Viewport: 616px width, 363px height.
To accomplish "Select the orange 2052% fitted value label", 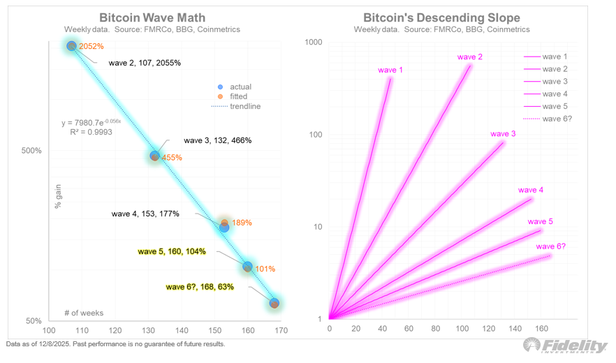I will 91,47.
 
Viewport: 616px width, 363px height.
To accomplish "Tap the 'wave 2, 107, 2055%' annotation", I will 145,63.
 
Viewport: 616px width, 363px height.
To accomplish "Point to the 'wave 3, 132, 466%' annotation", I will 217,140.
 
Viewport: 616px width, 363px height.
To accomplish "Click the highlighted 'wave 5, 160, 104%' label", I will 172,251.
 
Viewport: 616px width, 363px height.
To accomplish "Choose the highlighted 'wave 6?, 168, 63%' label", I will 200,286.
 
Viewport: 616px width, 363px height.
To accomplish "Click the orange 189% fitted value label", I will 242,223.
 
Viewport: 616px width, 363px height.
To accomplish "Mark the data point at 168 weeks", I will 274,303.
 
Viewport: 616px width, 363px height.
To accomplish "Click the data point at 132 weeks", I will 155,156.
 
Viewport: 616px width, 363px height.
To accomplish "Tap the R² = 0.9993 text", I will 91,131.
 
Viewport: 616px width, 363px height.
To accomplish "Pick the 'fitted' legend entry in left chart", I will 239,96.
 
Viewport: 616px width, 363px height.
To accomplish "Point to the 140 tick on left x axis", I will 182,331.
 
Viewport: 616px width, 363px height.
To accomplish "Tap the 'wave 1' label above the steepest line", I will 390,70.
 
